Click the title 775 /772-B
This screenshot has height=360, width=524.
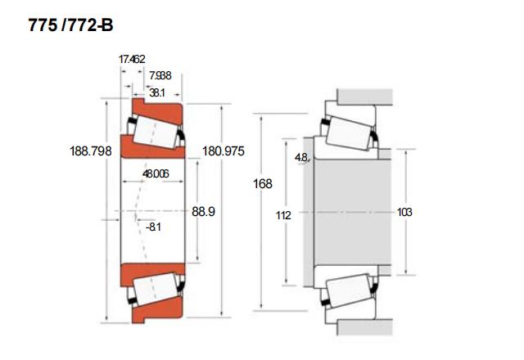(70, 26)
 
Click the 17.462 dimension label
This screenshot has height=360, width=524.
(132, 60)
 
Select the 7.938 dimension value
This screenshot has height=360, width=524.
(160, 76)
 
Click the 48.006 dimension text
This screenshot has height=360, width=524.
(156, 173)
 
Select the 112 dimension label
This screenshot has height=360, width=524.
(284, 215)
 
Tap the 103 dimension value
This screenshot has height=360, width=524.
(404, 212)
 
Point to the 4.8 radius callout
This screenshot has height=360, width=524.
(301, 157)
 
